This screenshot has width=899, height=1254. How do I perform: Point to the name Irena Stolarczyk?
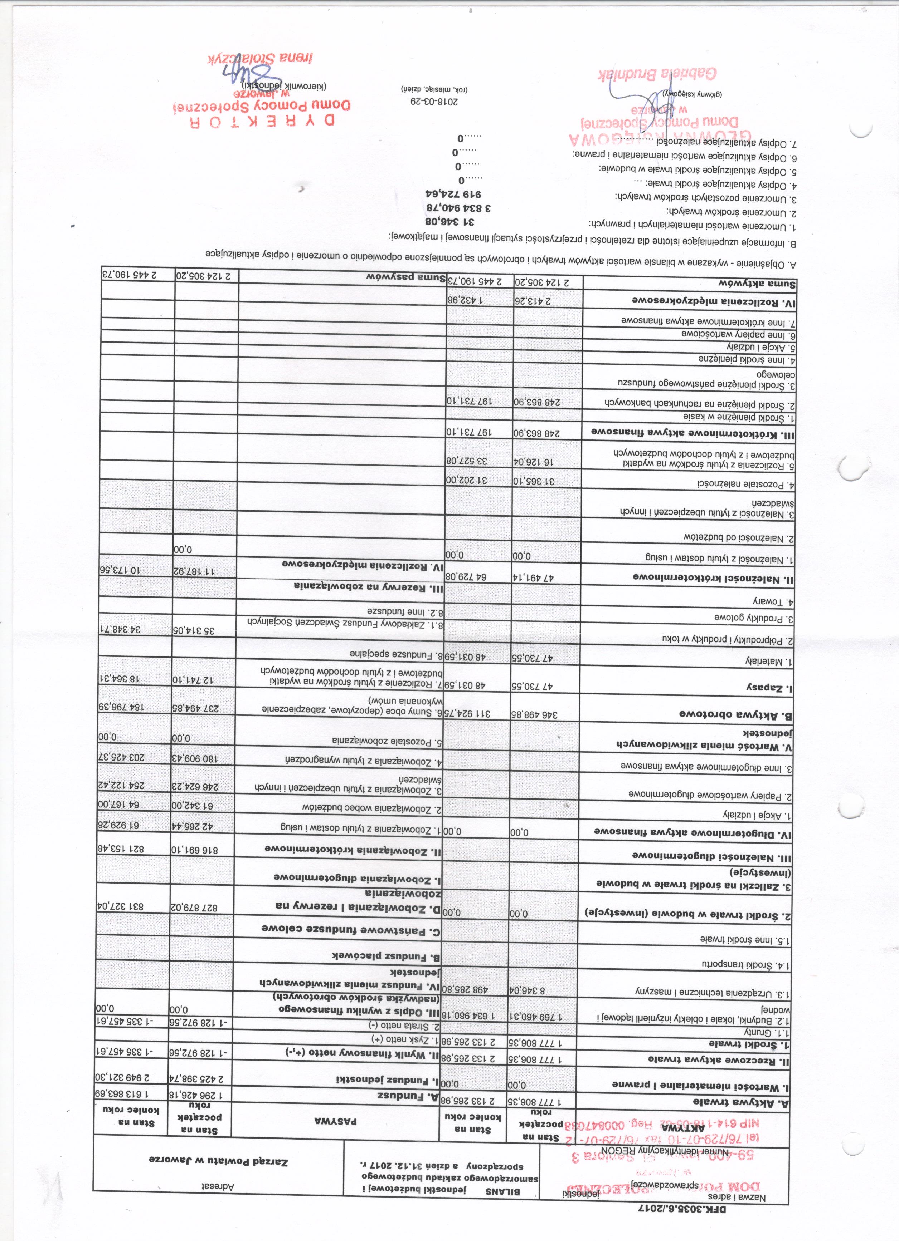261,58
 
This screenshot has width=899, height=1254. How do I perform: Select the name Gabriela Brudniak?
657,74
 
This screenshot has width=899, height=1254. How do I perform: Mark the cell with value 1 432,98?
480,300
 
